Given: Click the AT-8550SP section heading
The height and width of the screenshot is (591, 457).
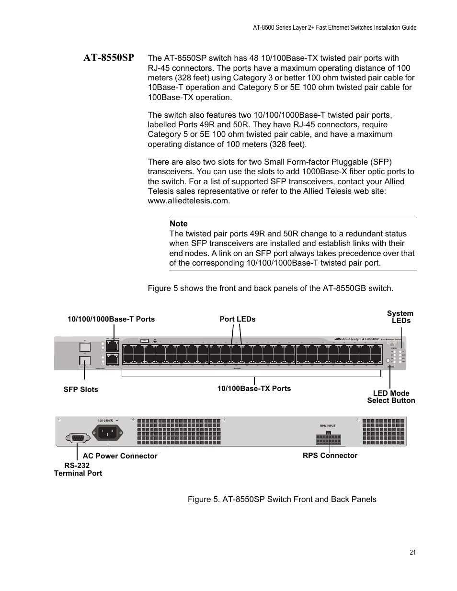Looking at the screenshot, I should (x=108, y=58).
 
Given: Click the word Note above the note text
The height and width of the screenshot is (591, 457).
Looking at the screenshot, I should (x=178, y=223).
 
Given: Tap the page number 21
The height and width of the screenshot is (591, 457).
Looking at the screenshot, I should (x=413, y=553).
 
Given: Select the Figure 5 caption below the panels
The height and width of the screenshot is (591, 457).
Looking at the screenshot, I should (x=282, y=499).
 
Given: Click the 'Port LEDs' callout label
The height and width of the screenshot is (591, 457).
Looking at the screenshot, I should (x=238, y=319).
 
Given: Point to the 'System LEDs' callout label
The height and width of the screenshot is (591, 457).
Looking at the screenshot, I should (x=400, y=317).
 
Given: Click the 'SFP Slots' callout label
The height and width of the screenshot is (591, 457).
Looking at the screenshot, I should (x=80, y=390).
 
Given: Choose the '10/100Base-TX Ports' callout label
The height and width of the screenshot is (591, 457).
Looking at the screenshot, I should (x=254, y=389).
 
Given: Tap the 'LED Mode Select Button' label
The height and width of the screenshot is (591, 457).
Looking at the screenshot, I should (x=391, y=397).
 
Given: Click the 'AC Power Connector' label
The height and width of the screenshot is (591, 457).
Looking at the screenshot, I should (x=120, y=456).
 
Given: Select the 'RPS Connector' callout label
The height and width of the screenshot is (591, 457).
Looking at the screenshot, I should (x=330, y=455).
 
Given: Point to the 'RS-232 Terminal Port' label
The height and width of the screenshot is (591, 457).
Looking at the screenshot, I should (x=78, y=469).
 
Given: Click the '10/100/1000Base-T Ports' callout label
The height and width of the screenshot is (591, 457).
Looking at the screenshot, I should (x=111, y=319).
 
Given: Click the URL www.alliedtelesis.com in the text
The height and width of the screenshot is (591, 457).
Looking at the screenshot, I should (x=189, y=201).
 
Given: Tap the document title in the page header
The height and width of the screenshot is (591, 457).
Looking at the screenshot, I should (x=334, y=27).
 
